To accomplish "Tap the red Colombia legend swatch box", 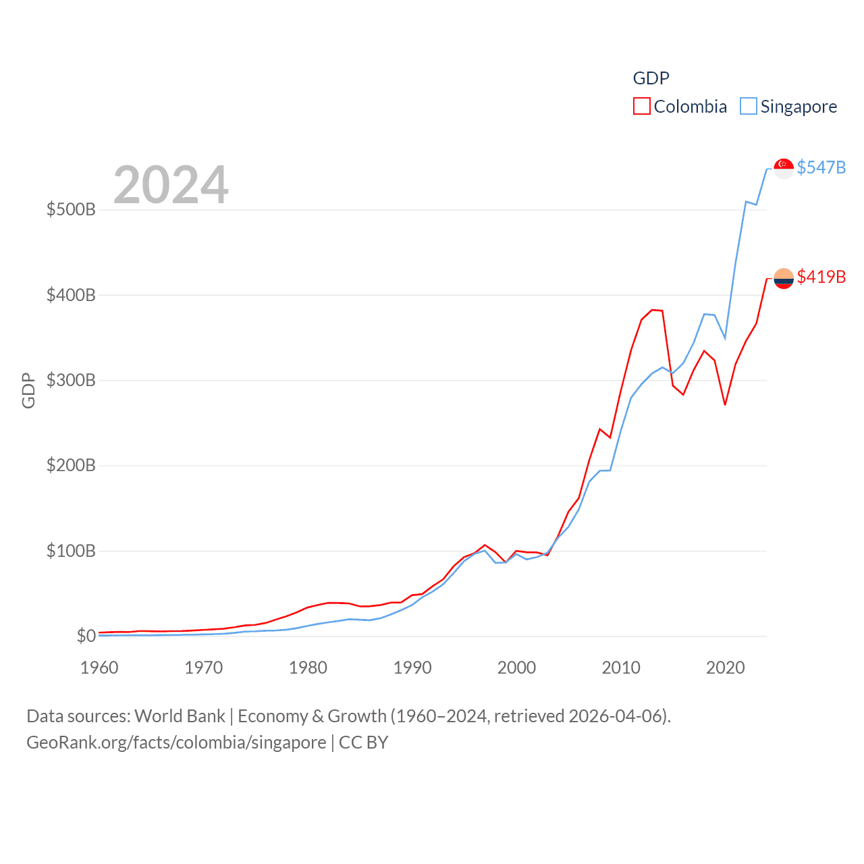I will point(642,107).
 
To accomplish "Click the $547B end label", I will point(821,167).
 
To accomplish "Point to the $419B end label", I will point(821,277).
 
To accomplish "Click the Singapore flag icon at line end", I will point(784,168).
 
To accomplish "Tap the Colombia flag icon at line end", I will point(784,278).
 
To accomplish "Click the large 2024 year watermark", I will point(171,185).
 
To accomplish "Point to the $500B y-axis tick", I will point(71,209).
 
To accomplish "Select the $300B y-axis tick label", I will point(71,380).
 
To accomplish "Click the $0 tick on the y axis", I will point(86,636).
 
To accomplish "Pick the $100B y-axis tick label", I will point(71,551).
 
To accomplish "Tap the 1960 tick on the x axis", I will point(99,668).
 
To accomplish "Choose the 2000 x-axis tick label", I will point(516,668).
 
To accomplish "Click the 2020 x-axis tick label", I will point(725,668).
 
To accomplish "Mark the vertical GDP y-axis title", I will point(28,390).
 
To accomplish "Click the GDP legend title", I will point(651,78).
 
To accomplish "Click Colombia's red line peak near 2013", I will point(652,310).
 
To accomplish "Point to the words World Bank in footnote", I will point(180,715).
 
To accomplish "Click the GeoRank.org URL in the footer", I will point(176,742).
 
